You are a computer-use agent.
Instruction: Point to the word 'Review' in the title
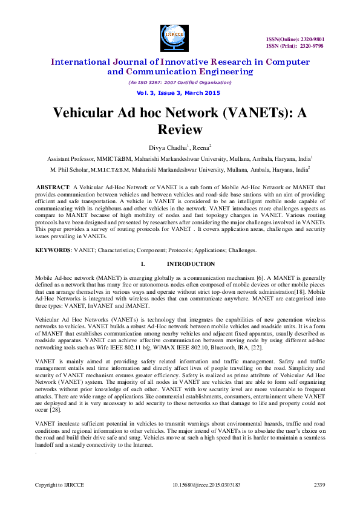point(179,129)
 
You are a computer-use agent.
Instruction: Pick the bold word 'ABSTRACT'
point(54,188)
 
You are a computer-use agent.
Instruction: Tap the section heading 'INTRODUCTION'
point(191,264)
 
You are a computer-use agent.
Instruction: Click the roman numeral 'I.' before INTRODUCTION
point(142,264)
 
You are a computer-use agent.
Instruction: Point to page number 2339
point(319,485)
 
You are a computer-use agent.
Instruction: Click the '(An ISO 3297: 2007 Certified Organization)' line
point(179,82)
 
